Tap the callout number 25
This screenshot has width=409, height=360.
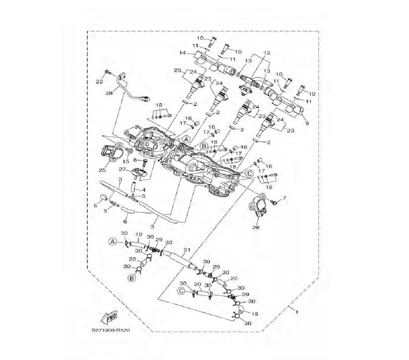click(102, 170)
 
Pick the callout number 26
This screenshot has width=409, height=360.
click(256, 227)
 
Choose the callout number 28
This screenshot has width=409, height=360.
click(109, 93)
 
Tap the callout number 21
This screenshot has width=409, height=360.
click(187, 250)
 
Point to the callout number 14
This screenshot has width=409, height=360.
click(182, 53)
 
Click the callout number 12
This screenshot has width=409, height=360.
click(267, 53)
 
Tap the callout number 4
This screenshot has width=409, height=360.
click(143, 190)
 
